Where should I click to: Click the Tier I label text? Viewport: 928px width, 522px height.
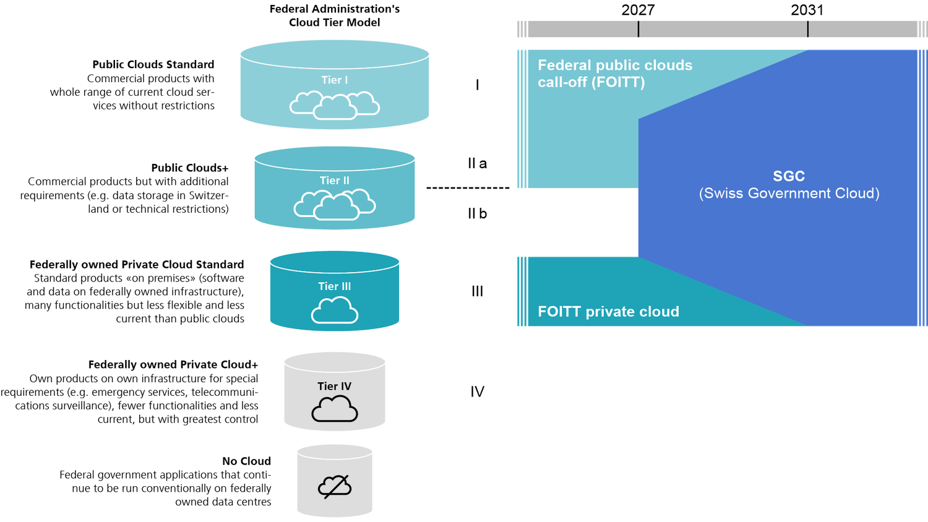[334, 80]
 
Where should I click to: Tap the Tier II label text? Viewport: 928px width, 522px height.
[334, 181]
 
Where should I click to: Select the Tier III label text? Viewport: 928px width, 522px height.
[334, 286]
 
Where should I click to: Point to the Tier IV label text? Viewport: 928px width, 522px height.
[334, 387]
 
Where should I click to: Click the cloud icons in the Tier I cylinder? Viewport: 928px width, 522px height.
[335, 105]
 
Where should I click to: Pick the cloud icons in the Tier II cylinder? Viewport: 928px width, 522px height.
[335, 205]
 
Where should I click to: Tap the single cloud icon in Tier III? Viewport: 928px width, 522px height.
[335, 310]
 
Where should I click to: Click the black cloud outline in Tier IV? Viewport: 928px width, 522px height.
[335, 409]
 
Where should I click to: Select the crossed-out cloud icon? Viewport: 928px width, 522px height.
[335, 487]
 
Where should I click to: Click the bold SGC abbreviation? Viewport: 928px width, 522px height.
[789, 176]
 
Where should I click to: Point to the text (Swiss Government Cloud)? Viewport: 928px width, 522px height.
[789, 194]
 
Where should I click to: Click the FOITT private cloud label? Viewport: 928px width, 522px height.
[608, 312]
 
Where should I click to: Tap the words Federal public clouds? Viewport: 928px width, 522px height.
[615, 65]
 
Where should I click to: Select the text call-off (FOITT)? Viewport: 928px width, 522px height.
[591, 82]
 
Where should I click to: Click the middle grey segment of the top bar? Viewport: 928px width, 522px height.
[723, 29]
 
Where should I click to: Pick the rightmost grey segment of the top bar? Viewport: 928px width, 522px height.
[862, 29]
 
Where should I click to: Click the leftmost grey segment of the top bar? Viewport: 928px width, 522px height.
[582, 29]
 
